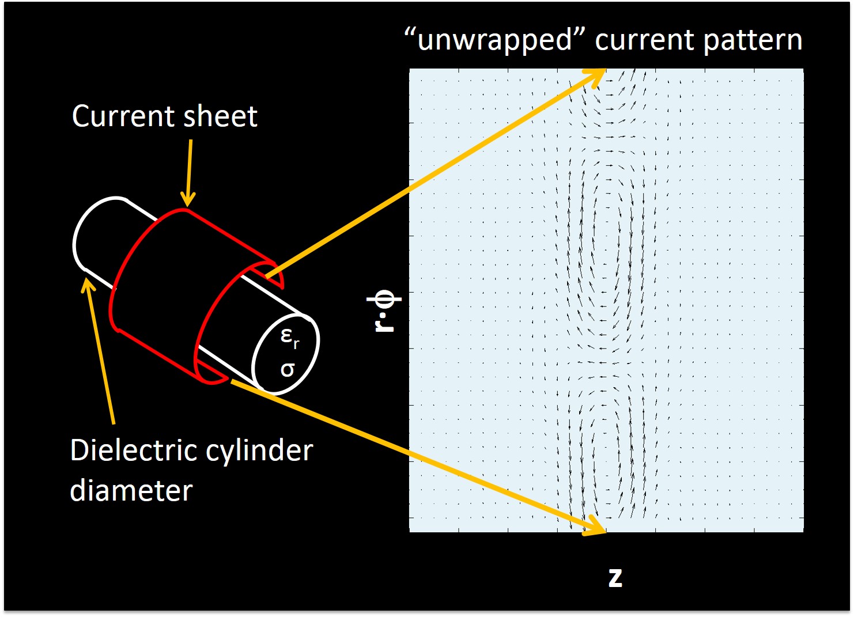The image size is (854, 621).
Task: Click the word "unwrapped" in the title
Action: tap(494, 40)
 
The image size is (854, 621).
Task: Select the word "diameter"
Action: tap(131, 490)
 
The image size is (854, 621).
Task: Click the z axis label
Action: tap(615, 577)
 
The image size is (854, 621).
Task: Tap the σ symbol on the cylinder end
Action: tap(287, 369)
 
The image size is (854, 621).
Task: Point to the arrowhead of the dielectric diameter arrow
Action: tap(88, 284)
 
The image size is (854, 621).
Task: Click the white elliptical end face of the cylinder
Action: tap(285, 354)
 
